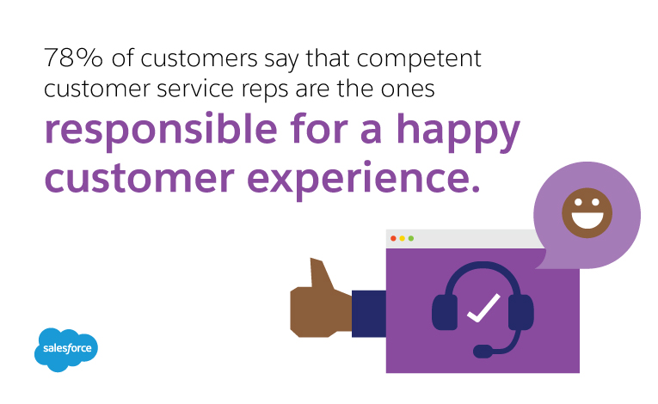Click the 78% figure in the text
(73, 58)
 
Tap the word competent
(419, 58)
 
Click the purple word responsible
(161, 131)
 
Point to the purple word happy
(458, 131)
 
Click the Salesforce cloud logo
(66, 350)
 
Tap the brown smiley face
(587, 212)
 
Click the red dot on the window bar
(393, 238)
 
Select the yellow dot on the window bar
(402, 238)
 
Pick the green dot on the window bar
(411, 238)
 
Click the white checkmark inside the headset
(483, 308)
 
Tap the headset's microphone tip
(483, 352)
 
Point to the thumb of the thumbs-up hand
(321, 273)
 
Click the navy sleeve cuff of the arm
(369, 314)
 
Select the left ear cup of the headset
(445, 312)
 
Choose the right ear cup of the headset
(520, 312)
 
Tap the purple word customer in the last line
(139, 178)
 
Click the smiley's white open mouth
(587, 219)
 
